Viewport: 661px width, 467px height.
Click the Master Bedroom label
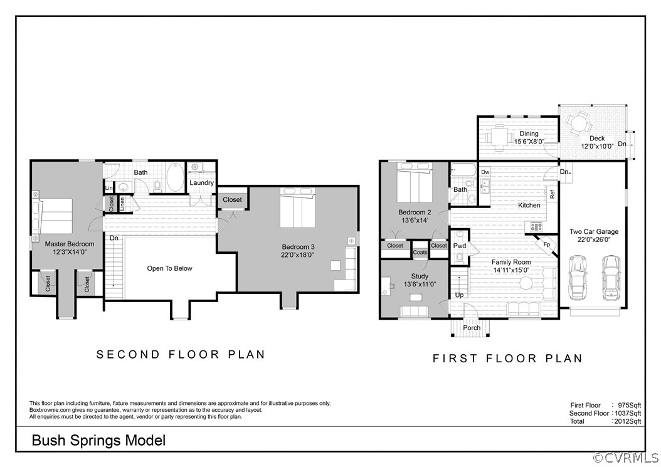point(70,244)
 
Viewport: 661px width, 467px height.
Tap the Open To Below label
point(169,268)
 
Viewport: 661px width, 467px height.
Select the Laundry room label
point(201,183)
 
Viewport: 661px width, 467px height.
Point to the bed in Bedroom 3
point(298,207)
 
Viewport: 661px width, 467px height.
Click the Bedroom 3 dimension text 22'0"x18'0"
point(298,255)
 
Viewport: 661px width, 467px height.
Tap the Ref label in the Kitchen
point(553,194)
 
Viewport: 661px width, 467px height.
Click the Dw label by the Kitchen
point(485,172)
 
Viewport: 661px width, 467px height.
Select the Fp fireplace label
point(547,244)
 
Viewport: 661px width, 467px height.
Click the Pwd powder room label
point(460,246)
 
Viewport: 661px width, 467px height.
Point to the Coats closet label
point(420,252)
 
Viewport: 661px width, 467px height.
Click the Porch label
point(472,327)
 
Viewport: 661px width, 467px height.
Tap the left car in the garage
point(578,278)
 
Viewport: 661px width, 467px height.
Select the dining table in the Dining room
point(500,137)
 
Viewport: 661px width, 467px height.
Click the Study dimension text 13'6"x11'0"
point(420,284)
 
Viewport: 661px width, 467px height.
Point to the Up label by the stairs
point(460,295)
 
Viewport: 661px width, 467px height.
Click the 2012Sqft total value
point(628,421)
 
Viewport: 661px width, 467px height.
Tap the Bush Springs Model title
point(98,441)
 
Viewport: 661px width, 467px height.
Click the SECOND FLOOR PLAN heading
point(181,354)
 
